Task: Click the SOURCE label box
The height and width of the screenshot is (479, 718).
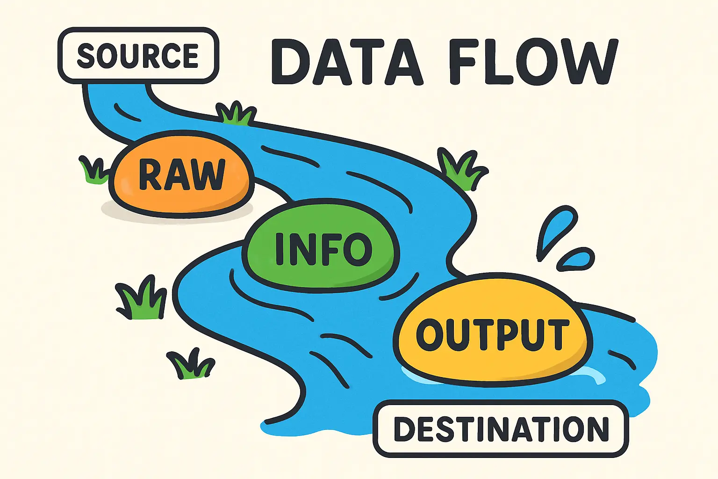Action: pos(138,56)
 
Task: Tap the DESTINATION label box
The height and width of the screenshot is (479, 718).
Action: pos(501,428)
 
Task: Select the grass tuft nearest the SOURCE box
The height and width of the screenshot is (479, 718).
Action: pos(237,114)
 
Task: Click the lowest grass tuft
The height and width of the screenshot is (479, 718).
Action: pos(191,365)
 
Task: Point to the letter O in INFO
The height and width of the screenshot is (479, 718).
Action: pos(358,248)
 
